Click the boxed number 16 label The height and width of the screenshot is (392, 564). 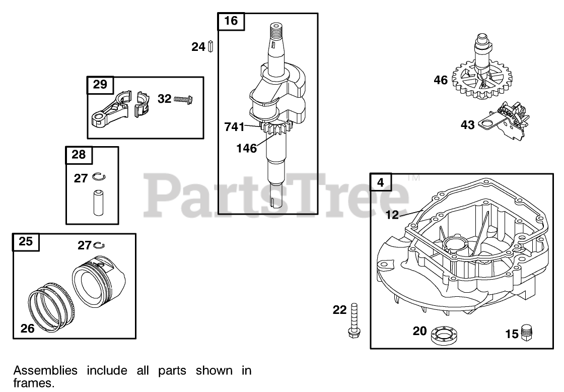(231, 21)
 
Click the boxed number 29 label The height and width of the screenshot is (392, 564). (100, 85)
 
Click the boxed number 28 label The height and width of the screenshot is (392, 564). (79, 155)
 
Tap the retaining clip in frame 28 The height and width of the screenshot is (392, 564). (98, 177)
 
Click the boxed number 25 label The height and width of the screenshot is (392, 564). (26, 241)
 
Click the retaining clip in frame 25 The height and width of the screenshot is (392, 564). (99, 245)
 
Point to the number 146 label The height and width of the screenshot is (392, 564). (246, 148)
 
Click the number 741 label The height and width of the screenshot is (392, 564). (235, 127)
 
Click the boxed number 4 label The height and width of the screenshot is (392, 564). (380, 182)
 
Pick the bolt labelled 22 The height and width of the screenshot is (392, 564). (353, 320)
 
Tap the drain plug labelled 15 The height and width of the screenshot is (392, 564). (527, 333)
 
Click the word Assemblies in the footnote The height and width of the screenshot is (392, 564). (45, 371)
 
